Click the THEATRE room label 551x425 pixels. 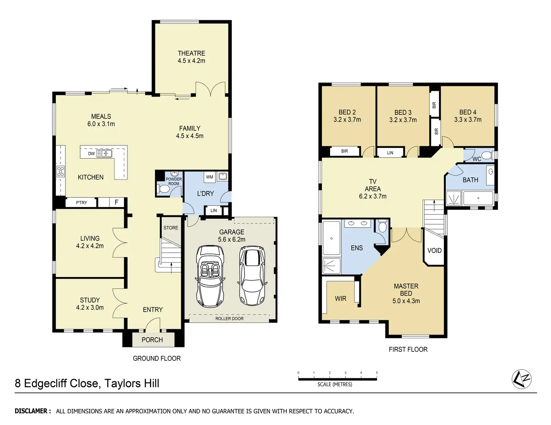click(191, 53)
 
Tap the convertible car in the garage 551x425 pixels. click(210, 276)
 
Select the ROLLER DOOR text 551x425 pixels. click(229, 319)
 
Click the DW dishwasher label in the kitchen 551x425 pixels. click(91, 153)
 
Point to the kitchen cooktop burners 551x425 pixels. click(61, 171)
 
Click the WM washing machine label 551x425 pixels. click(210, 177)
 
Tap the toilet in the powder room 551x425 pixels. click(164, 189)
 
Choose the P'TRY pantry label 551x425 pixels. click(81, 203)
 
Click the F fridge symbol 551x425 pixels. click(117, 203)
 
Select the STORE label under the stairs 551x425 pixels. click(171, 228)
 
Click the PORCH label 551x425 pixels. click(152, 340)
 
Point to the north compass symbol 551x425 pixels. click(521, 379)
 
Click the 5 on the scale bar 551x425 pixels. click(377, 373)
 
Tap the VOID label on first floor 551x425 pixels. click(434, 250)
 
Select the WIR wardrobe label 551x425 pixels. click(340, 299)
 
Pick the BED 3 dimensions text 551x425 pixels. click(403, 120)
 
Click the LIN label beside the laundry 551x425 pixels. click(213, 210)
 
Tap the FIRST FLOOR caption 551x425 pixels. click(408, 349)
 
